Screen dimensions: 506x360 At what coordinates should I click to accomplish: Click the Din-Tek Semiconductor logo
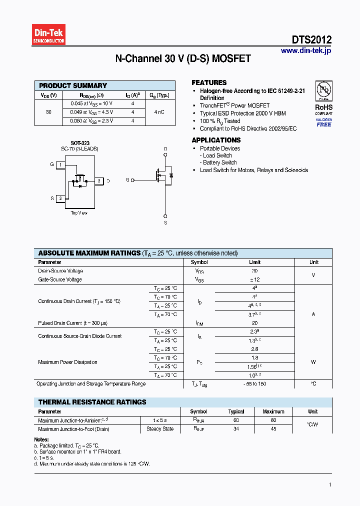49,35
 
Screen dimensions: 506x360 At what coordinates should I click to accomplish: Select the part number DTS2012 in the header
311,40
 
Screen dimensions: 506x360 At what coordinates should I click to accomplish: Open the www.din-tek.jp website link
305,50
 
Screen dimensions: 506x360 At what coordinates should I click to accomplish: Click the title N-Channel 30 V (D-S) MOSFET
183,59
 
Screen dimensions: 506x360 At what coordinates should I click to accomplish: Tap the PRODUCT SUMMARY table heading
73,85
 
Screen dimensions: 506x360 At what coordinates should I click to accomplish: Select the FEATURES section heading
209,82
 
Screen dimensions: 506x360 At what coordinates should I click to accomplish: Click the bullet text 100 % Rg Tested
220,121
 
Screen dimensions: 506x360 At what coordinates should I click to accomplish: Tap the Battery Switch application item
219,162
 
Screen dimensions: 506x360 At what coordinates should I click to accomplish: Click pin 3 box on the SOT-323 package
99,181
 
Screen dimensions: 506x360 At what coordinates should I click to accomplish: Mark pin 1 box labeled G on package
60,164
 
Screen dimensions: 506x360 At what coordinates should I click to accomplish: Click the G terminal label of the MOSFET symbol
127,179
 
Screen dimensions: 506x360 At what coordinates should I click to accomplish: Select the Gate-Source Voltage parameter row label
60,279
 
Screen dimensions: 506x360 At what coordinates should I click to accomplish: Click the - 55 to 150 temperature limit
254,384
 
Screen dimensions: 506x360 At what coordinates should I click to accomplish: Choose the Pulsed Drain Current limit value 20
254,323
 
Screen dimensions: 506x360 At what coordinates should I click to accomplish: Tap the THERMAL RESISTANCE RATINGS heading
92,402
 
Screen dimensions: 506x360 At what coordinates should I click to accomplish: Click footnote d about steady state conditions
92,463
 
